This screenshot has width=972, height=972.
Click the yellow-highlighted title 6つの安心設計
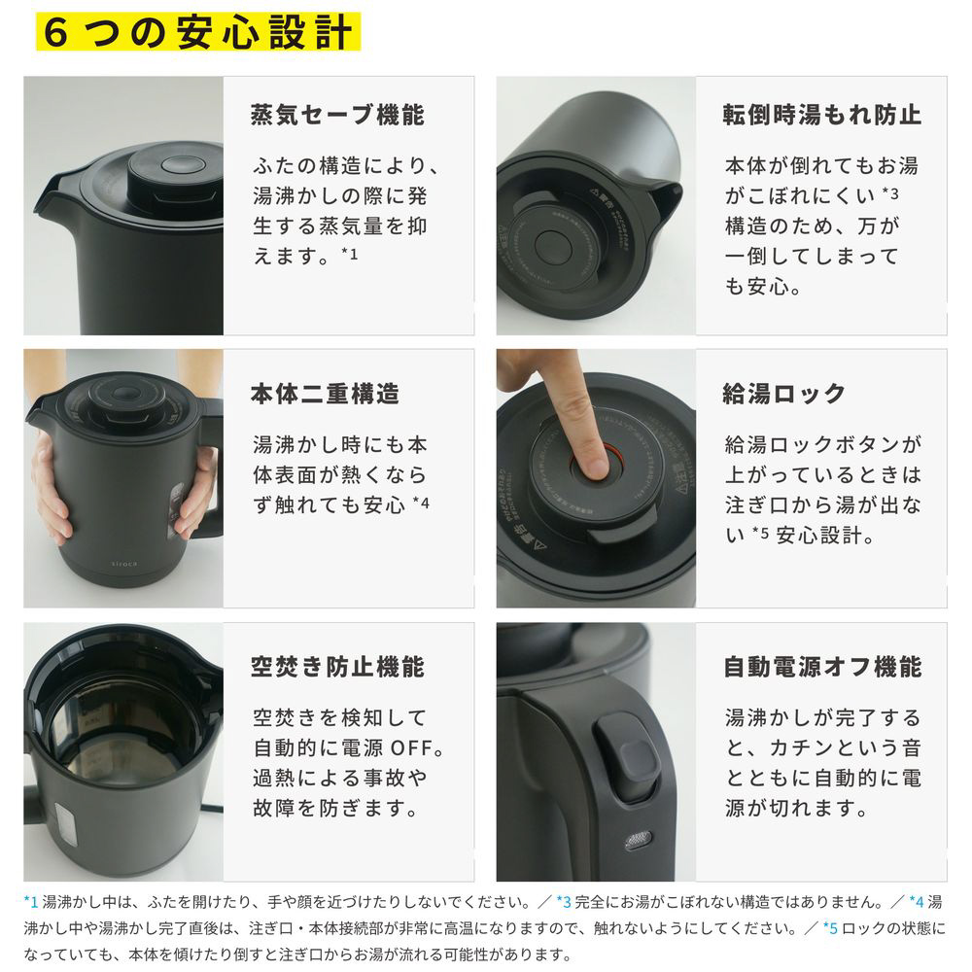pyautogui.click(x=198, y=31)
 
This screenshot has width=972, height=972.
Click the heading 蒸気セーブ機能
pyautogui.click(x=338, y=116)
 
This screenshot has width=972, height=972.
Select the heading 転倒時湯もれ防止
pyautogui.click(x=822, y=116)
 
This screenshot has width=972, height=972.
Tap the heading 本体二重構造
pyautogui.click(x=326, y=394)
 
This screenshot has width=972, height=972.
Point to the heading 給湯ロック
pyautogui.click(x=784, y=394)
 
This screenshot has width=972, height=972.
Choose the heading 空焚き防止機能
pyautogui.click(x=338, y=667)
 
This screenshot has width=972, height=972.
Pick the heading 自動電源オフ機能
pyautogui.click(x=822, y=667)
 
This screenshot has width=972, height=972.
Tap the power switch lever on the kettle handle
pyautogui.click(x=626, y=753)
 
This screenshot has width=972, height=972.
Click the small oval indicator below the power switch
pyautogui.click(x=638, y=841)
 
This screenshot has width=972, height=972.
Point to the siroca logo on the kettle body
pyautogui.click(x=124, y=564)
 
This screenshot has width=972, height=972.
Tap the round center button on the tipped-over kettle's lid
pyautogui.click(x=553, y=246)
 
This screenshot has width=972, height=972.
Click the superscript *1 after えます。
pyautogui.click(x=350, y=253)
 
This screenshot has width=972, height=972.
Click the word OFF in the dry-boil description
pyautogui.click(x=411, y=748)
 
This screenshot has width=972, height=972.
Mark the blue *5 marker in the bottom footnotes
pyautogui.click(x=830, y=928)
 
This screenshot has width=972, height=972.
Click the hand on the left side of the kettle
pyautogui.click(x=51, y=490)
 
